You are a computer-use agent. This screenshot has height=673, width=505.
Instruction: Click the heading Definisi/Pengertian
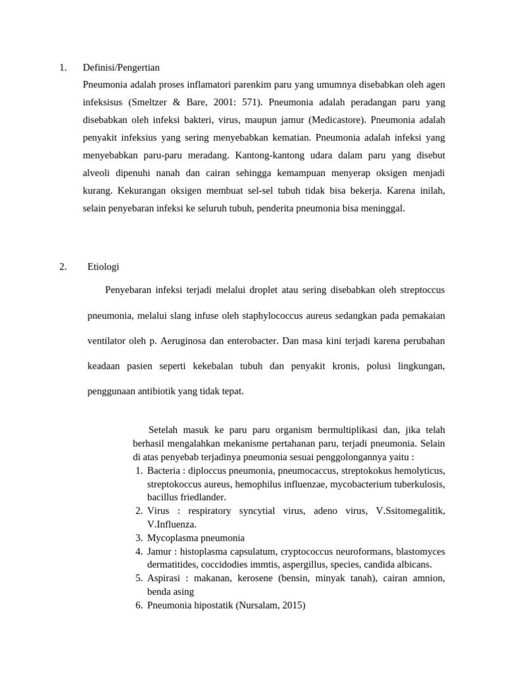(x=121, y=67)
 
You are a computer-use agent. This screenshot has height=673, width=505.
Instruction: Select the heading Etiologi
(x=103, y=266)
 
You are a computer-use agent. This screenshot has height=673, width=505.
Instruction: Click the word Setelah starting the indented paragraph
(x=164, y=430)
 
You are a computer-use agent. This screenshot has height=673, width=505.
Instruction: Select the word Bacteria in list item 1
(x=164, y=471)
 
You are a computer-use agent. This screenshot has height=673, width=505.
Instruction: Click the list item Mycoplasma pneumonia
(x=196, y=537)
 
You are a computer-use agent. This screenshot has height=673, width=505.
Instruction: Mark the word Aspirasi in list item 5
(x=166, y=578)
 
